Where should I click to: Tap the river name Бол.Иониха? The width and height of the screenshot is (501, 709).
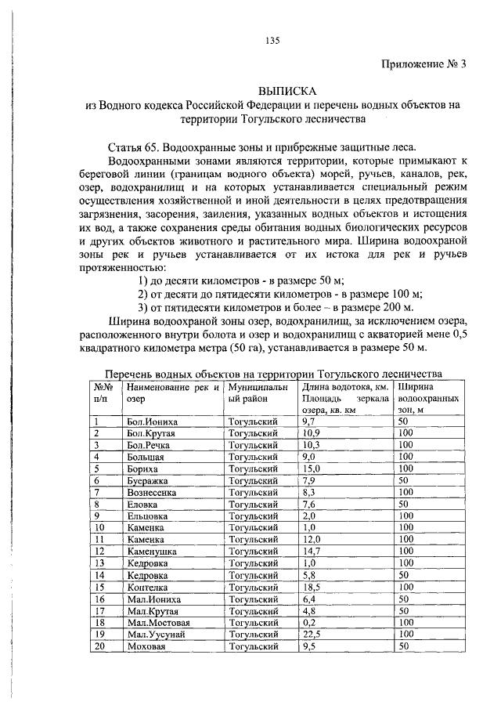146,421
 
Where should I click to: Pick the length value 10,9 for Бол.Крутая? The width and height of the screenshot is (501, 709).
311,433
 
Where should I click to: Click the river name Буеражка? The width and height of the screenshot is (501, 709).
146,480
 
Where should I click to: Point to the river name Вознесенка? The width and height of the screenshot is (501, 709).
151,492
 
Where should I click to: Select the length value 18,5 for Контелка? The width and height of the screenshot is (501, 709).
311,587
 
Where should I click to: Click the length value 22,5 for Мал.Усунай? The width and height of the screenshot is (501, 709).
311,634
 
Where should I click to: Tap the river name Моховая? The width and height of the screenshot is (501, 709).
146,646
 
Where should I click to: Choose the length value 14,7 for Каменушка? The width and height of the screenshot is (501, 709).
311,552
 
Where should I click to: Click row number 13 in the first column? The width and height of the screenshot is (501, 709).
99,563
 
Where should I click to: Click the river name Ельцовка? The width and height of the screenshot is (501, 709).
147,516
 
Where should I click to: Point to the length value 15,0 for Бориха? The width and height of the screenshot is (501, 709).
311,468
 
